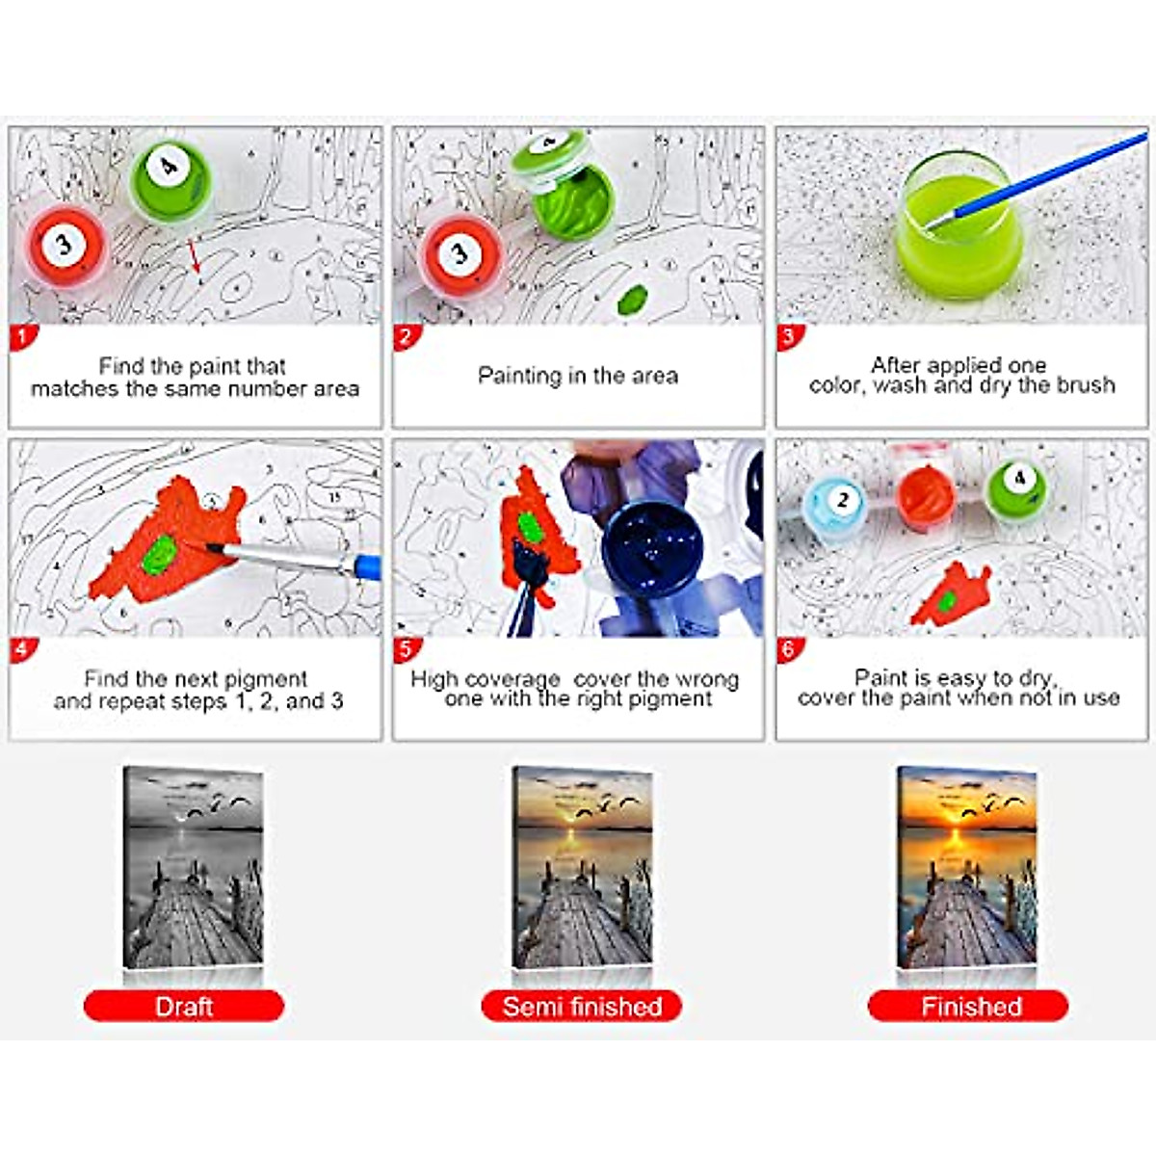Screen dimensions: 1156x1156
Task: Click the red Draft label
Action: click(x=184, y=1007)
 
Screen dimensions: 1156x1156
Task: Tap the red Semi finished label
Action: click(x=582, y=1007)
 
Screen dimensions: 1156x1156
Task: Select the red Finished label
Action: click(x=969, y=1007)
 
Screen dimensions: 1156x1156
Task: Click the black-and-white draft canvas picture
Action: click(x=193, y=867)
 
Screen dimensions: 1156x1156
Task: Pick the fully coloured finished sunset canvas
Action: click(x=966, y=867)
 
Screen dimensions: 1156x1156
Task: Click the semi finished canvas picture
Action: click(x=581, y=867)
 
